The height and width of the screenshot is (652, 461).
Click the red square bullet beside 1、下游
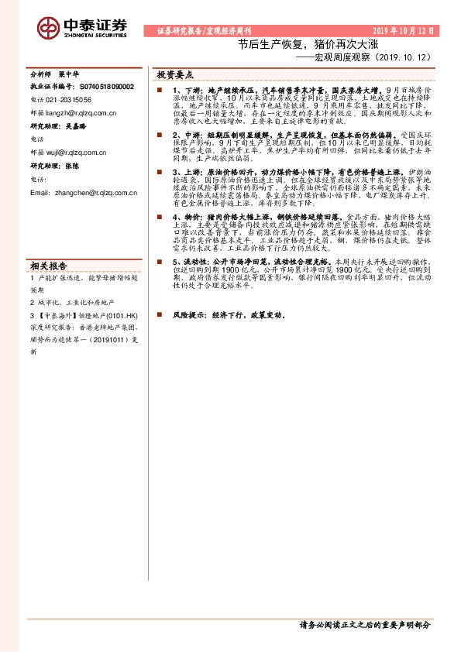157,91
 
